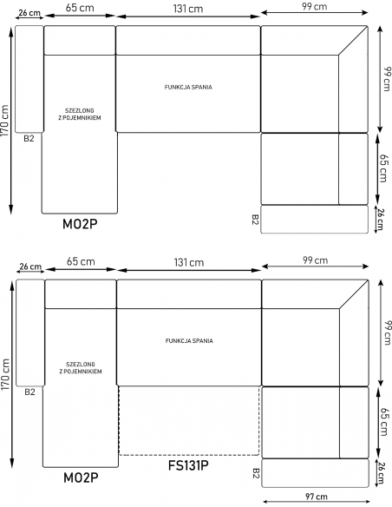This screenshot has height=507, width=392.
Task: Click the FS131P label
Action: [x=188, y=465]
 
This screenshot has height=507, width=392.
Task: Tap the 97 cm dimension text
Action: [x=317, y=497]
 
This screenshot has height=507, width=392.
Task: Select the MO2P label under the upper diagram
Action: [x=80, y=224]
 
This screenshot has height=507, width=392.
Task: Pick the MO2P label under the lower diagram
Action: [x=81, y=477]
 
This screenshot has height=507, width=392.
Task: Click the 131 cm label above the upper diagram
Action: [x=188, y=9]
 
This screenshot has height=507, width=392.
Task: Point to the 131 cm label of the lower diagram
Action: [x=189, y=262]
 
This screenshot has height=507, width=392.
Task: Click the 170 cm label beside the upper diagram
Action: [x=5, y=121]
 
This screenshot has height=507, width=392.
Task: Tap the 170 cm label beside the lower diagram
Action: [x=5, y=374]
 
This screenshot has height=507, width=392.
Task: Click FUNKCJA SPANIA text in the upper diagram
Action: [x=188, y=87]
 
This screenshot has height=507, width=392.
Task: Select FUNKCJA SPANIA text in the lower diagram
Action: [x=189, y=341]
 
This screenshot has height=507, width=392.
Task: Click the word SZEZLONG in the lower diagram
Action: [x=81, y=365]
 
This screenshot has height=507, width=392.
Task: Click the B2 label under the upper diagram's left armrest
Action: [x=29, y=138]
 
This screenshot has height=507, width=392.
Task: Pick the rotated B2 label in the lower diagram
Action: [x=256, y=473]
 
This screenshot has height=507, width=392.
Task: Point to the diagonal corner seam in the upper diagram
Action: [x=353, y=41]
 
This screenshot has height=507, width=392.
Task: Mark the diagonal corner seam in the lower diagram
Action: [x=354, y=294]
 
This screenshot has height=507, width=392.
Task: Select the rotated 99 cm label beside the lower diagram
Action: [x=387, y=333]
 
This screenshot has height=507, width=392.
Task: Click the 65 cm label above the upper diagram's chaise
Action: [x=80, y=8]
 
